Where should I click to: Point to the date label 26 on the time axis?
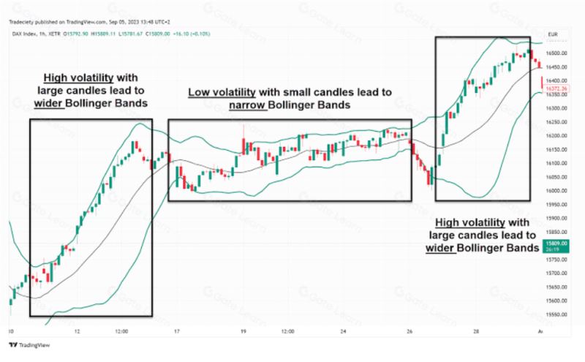tap(409, 331)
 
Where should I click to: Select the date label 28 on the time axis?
tap(475, 331)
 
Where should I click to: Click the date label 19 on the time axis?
tap(242, 331)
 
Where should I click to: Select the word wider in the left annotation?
tap(49, 103)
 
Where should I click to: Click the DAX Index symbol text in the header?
tap(25, 32)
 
